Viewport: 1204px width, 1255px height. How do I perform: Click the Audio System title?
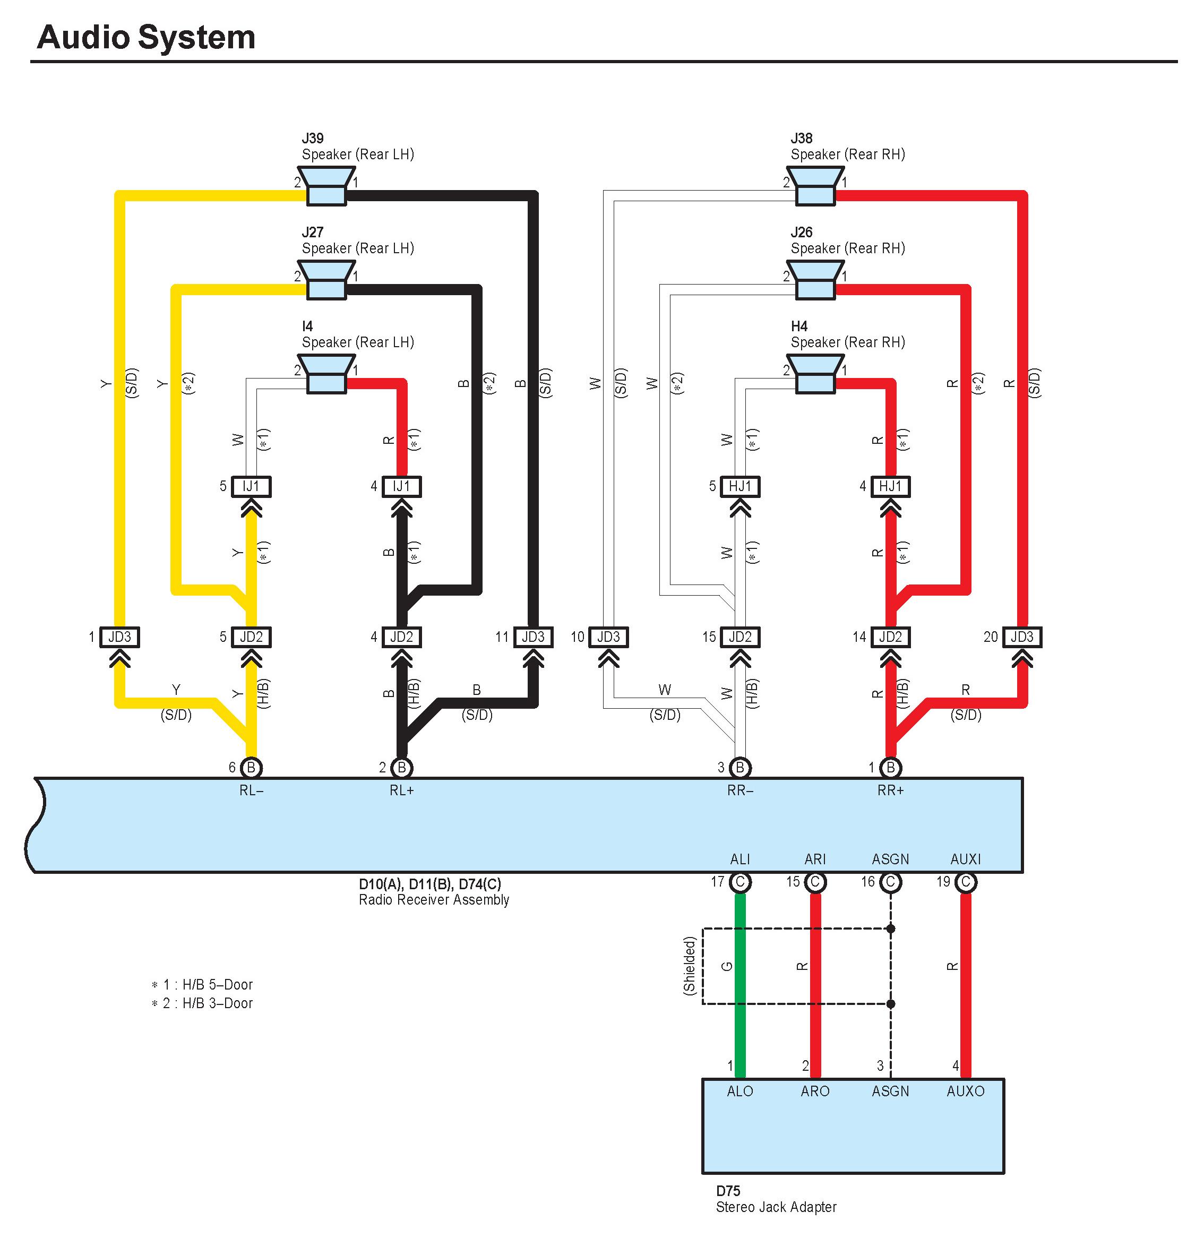click(146, 37)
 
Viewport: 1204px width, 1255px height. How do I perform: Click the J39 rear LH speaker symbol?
click(326, 187)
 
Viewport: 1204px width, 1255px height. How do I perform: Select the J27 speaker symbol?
click(326, 280)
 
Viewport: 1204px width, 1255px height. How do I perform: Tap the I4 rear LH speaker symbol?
click(326, 375)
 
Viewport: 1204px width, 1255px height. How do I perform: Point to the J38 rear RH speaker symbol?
click(815, 187)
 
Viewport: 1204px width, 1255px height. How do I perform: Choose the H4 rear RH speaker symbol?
click(815, 375)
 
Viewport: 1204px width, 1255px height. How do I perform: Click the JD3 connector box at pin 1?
click(120, 637)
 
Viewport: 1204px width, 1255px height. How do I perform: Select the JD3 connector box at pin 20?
click(1022, 637)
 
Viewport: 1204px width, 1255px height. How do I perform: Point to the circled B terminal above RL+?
click(401, 767)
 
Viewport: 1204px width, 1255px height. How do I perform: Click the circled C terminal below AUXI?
click(966, 882)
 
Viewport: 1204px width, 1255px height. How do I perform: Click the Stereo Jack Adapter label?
click(776, 1207)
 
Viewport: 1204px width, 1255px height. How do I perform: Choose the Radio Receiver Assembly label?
click(434, 900)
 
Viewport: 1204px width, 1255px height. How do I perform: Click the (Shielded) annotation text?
click(689, 966)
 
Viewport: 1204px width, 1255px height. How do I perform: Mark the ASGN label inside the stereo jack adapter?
click(890, 1091)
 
